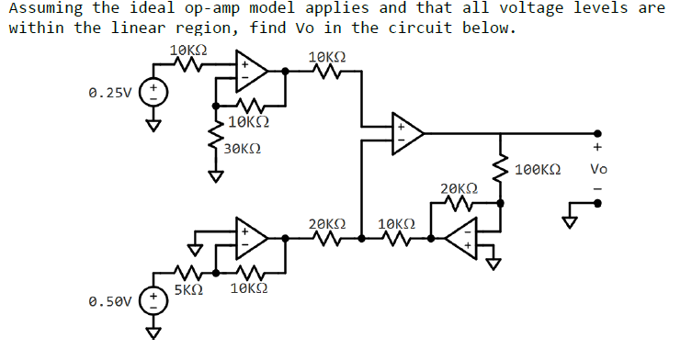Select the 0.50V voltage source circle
tap(154, 299)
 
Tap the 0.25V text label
tap(110, 93)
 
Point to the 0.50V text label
tap(110, 300)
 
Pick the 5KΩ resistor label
tap(188, 288)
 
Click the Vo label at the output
tap(598, 169)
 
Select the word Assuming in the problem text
tap(40, 8)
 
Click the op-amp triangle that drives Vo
tap(406, 133)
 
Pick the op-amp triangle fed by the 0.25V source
tap(250, 69)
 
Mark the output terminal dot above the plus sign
tap(598, 132)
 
